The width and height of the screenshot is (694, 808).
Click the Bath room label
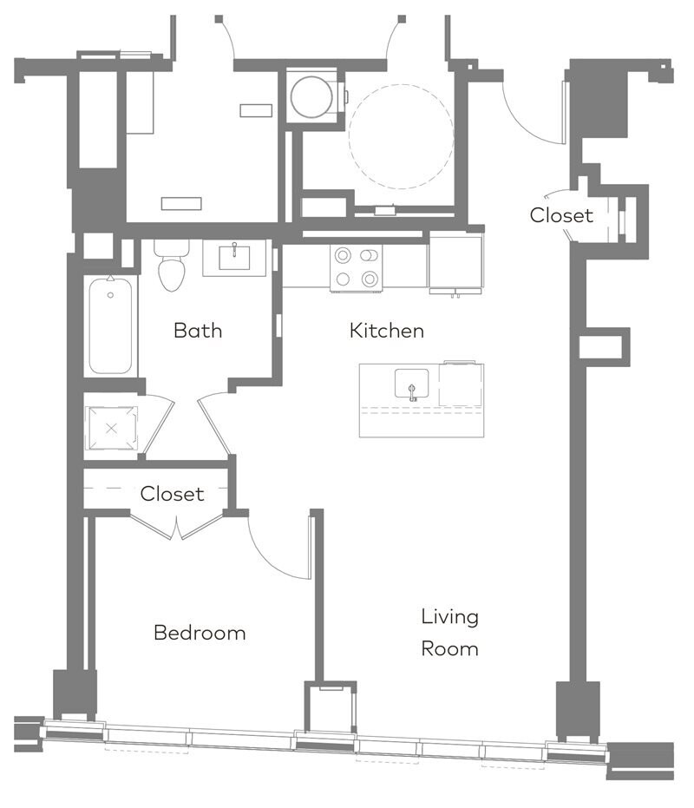198,331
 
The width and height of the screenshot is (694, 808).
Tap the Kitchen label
386,331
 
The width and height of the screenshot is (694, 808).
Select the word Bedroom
200,633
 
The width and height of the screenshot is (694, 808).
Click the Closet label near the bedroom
172,494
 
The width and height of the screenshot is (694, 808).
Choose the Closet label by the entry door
561,215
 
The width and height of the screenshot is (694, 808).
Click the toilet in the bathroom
172,266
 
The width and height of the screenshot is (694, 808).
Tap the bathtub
110,325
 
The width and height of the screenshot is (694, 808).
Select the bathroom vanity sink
234,257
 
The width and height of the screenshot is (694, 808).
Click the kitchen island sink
412,384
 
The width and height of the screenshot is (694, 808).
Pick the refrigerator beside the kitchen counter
455,263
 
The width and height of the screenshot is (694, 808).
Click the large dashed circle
401,136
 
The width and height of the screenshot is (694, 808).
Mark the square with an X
112,429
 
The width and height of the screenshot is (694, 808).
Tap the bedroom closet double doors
177,526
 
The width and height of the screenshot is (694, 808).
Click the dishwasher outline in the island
462,384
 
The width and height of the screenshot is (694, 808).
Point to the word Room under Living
449,649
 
